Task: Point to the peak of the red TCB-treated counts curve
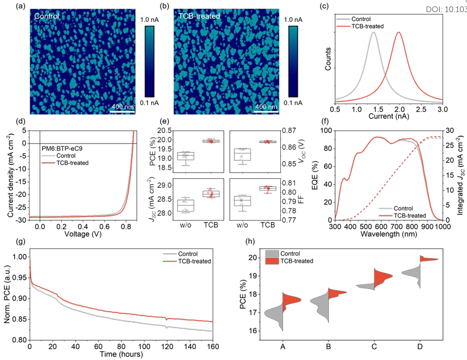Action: coord(399,32)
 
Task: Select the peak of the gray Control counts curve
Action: coord(373,32)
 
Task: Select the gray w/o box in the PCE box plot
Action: coord(186,156)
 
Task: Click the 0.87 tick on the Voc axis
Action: coord(288,131)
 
